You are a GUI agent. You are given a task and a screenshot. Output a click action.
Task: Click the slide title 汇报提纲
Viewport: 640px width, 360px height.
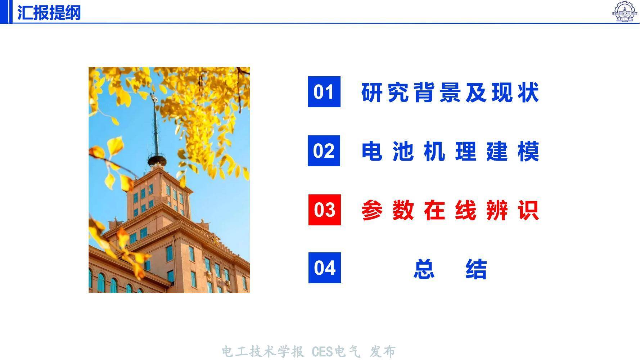click(49, 13)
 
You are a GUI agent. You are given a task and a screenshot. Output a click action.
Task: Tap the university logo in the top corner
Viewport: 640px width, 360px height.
click(625, 11)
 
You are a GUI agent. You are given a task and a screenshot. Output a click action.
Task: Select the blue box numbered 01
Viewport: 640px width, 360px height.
click(324, 92)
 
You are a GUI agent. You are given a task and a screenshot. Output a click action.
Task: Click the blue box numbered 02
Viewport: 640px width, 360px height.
click(324, 151)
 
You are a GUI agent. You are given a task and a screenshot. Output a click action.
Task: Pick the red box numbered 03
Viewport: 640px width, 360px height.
click(324, 210)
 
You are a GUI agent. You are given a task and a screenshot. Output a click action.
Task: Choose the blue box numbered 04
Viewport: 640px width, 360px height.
click(324, 268)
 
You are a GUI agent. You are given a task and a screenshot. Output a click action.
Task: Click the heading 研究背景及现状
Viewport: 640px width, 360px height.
click(450, 92)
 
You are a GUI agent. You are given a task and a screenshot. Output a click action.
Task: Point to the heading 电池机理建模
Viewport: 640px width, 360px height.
click(450, 151)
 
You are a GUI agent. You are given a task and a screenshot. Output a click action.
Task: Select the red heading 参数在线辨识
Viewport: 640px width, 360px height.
click(450, 210)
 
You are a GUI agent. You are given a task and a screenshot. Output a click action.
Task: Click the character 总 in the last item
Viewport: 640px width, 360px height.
click(424, 269)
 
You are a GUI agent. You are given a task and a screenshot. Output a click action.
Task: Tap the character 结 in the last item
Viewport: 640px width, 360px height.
click(476, 269)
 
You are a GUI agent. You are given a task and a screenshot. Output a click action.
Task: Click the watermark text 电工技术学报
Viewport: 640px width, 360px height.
click(263, 352)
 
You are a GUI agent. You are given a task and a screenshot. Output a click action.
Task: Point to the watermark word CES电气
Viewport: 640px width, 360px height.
click(336, 352)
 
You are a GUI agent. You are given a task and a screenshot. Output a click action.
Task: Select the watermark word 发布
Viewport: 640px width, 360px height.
click(383, 352)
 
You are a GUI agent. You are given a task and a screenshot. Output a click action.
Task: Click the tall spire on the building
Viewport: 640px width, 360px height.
click(156, 124)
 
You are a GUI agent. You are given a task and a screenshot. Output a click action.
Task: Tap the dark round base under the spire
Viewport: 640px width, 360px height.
click(157, 161)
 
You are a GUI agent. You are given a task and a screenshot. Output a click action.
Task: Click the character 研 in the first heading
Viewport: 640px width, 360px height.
click(371, 92)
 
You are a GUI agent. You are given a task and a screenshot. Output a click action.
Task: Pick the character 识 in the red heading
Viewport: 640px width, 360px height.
click(529, 210)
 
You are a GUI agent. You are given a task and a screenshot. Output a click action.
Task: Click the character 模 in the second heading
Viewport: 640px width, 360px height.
click(529, 151)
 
